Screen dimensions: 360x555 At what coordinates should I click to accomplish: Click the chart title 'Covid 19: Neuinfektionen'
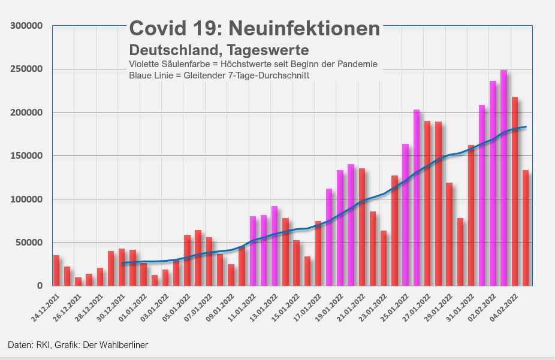[x=255, y=28]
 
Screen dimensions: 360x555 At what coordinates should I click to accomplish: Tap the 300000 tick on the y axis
[x=26, y=26]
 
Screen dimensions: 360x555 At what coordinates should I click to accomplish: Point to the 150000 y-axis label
[x=26, y=156]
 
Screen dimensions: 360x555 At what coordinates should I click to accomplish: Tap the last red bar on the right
[x=526, y=228]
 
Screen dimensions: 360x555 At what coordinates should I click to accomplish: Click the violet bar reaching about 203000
[x=417, y=198]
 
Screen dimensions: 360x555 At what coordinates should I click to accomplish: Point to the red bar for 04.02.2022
[x=515, y=192]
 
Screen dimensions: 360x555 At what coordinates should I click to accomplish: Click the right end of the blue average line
[x=526, y=127]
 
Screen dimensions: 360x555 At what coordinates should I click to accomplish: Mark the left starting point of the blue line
[x=122, y=263]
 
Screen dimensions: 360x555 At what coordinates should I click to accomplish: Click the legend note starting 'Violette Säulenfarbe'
[x=253, y=64]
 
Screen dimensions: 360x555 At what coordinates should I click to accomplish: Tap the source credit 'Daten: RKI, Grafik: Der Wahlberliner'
[x=78, y=345]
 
